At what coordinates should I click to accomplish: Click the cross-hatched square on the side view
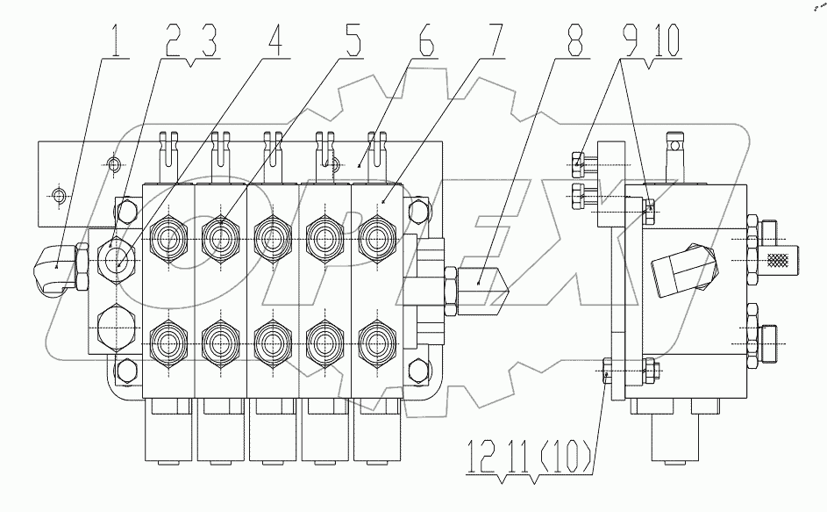click(779, 259)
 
